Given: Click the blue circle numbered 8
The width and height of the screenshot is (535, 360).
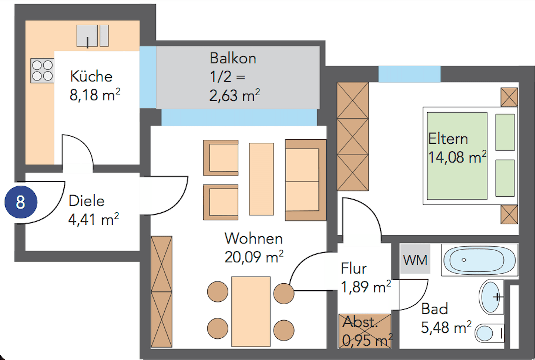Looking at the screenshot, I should pos(21,202).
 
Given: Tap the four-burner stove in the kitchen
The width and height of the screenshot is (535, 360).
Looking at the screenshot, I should pos(42,71).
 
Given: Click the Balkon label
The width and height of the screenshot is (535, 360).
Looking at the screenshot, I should pos(233,58).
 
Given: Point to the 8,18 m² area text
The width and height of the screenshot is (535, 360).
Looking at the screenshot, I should pos(95,95).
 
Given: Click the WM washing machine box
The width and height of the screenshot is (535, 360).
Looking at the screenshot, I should pos(415,259).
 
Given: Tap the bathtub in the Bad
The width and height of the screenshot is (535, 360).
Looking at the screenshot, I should pos(479,260).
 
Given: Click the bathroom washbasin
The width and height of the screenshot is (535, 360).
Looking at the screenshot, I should pos(491,297).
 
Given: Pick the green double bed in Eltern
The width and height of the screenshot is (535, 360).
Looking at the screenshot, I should pos(457,156).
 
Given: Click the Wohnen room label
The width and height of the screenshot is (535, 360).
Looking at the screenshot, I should pos(253,238).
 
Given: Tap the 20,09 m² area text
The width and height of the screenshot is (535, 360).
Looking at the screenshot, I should pos(253,257).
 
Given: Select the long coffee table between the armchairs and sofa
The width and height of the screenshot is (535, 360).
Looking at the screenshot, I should pos(261,179).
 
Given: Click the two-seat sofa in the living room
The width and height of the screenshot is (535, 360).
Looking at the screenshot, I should pos(305,180).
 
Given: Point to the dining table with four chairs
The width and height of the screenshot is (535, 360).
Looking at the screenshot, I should pos(251,311).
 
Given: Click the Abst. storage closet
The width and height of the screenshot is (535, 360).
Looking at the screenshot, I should pos(365,331).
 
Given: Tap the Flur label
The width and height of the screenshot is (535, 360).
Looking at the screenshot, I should pos(354,268).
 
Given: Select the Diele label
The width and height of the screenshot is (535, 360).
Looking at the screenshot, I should pos(86,201).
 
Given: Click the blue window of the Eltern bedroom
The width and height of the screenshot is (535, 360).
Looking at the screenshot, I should pos(409,74).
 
